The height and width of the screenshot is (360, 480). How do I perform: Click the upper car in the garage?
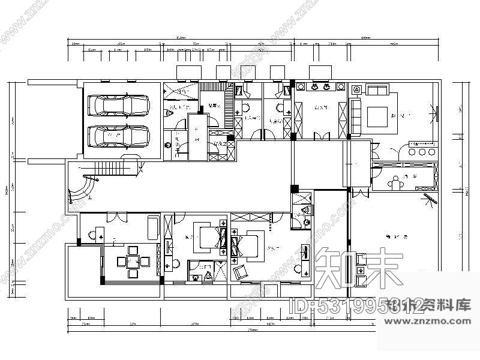point(119,106)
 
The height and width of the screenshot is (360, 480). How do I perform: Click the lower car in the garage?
point(119,136)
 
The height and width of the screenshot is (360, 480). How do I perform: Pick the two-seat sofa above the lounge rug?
point(377,91)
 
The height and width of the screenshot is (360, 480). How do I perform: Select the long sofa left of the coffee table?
point(355,113)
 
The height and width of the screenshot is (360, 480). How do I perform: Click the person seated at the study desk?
point(395,183)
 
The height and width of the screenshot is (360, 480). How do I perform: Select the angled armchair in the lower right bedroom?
point(240,271)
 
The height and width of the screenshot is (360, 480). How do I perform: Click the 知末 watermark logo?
point(358,268)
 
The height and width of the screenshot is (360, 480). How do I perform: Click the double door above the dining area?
point(121,217)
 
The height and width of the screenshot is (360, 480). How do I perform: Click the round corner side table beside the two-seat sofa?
point(356,90)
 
